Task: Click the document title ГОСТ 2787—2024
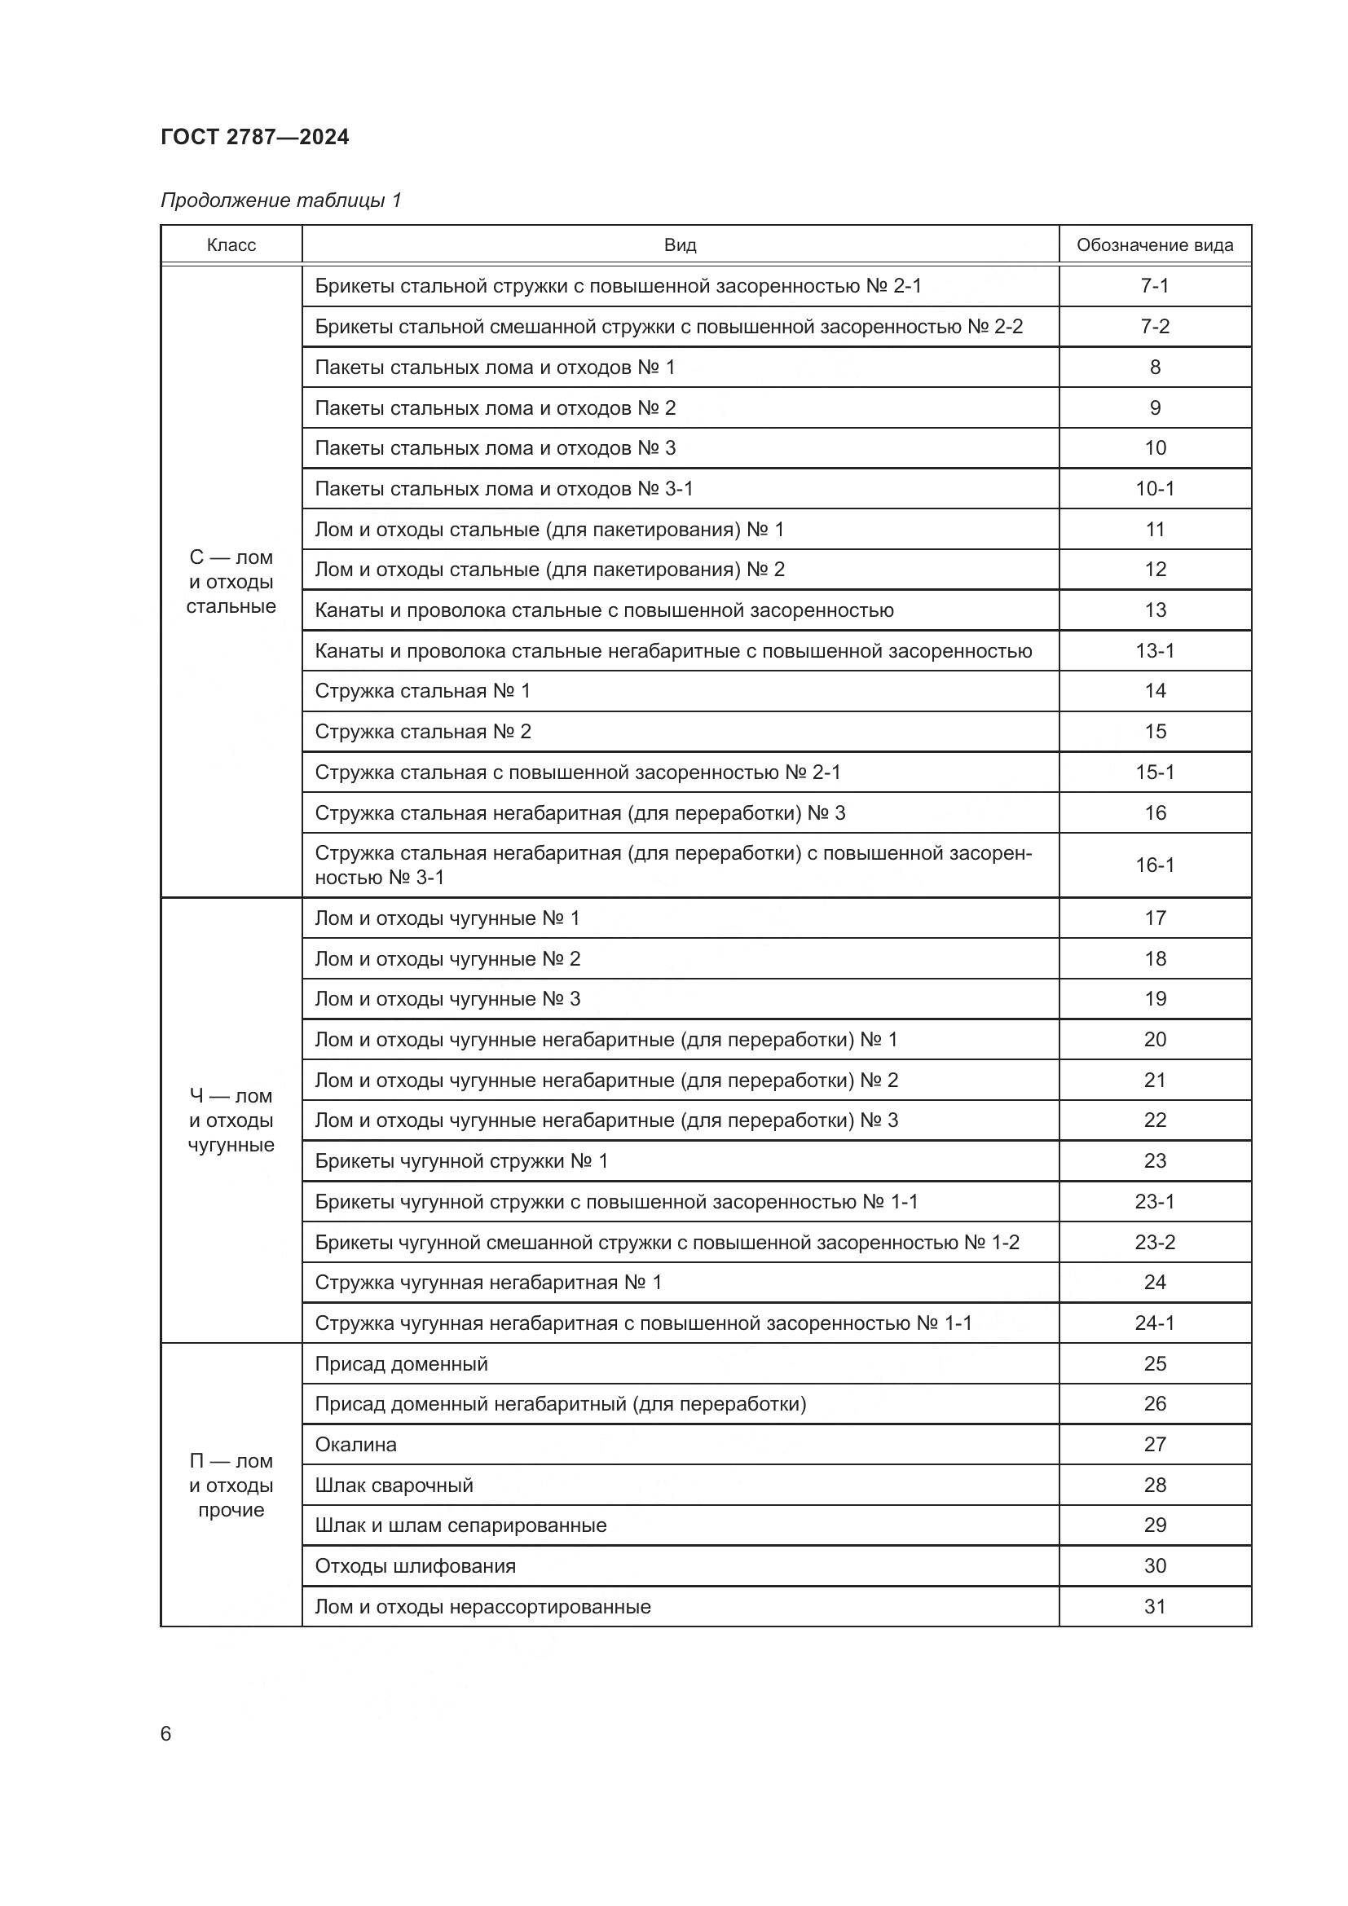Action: [255, 137]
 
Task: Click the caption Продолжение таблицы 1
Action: [280, 200]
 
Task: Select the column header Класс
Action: [231, 245]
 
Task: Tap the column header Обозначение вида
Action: [1155, 245]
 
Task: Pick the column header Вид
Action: [680, 245]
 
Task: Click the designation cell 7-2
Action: [1155, 326]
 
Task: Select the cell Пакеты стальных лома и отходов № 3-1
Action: [504, 489]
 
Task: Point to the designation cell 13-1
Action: [1155, 651]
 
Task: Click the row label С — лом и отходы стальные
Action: [231, 582]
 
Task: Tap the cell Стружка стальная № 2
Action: [422, 731]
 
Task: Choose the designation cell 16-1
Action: [1155, 865]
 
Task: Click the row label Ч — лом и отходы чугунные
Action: [231, 1120]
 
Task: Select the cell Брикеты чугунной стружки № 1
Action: [461, 1160]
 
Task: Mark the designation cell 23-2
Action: [1155, 1242]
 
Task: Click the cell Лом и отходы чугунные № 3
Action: [447, 999]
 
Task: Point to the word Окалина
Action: [356, 1445]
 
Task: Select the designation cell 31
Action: [1155, 1606]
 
